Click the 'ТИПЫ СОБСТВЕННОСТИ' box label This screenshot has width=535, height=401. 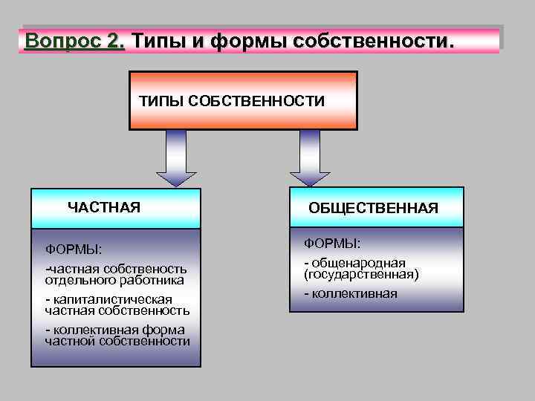[x=232, y=101]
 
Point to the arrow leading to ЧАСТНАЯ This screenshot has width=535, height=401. [x=176, y=158]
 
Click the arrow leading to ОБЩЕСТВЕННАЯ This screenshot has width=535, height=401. [x=309, y=158]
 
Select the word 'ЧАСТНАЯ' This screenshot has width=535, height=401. [x=104, y=206]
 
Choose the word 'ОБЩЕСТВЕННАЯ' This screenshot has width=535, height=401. [x=374, y=209]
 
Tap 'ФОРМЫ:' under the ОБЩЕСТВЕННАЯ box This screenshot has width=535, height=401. [x=332, y=243]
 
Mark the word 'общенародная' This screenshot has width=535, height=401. [x=369, y=263]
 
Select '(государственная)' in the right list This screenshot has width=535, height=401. [x=361, y=274]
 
